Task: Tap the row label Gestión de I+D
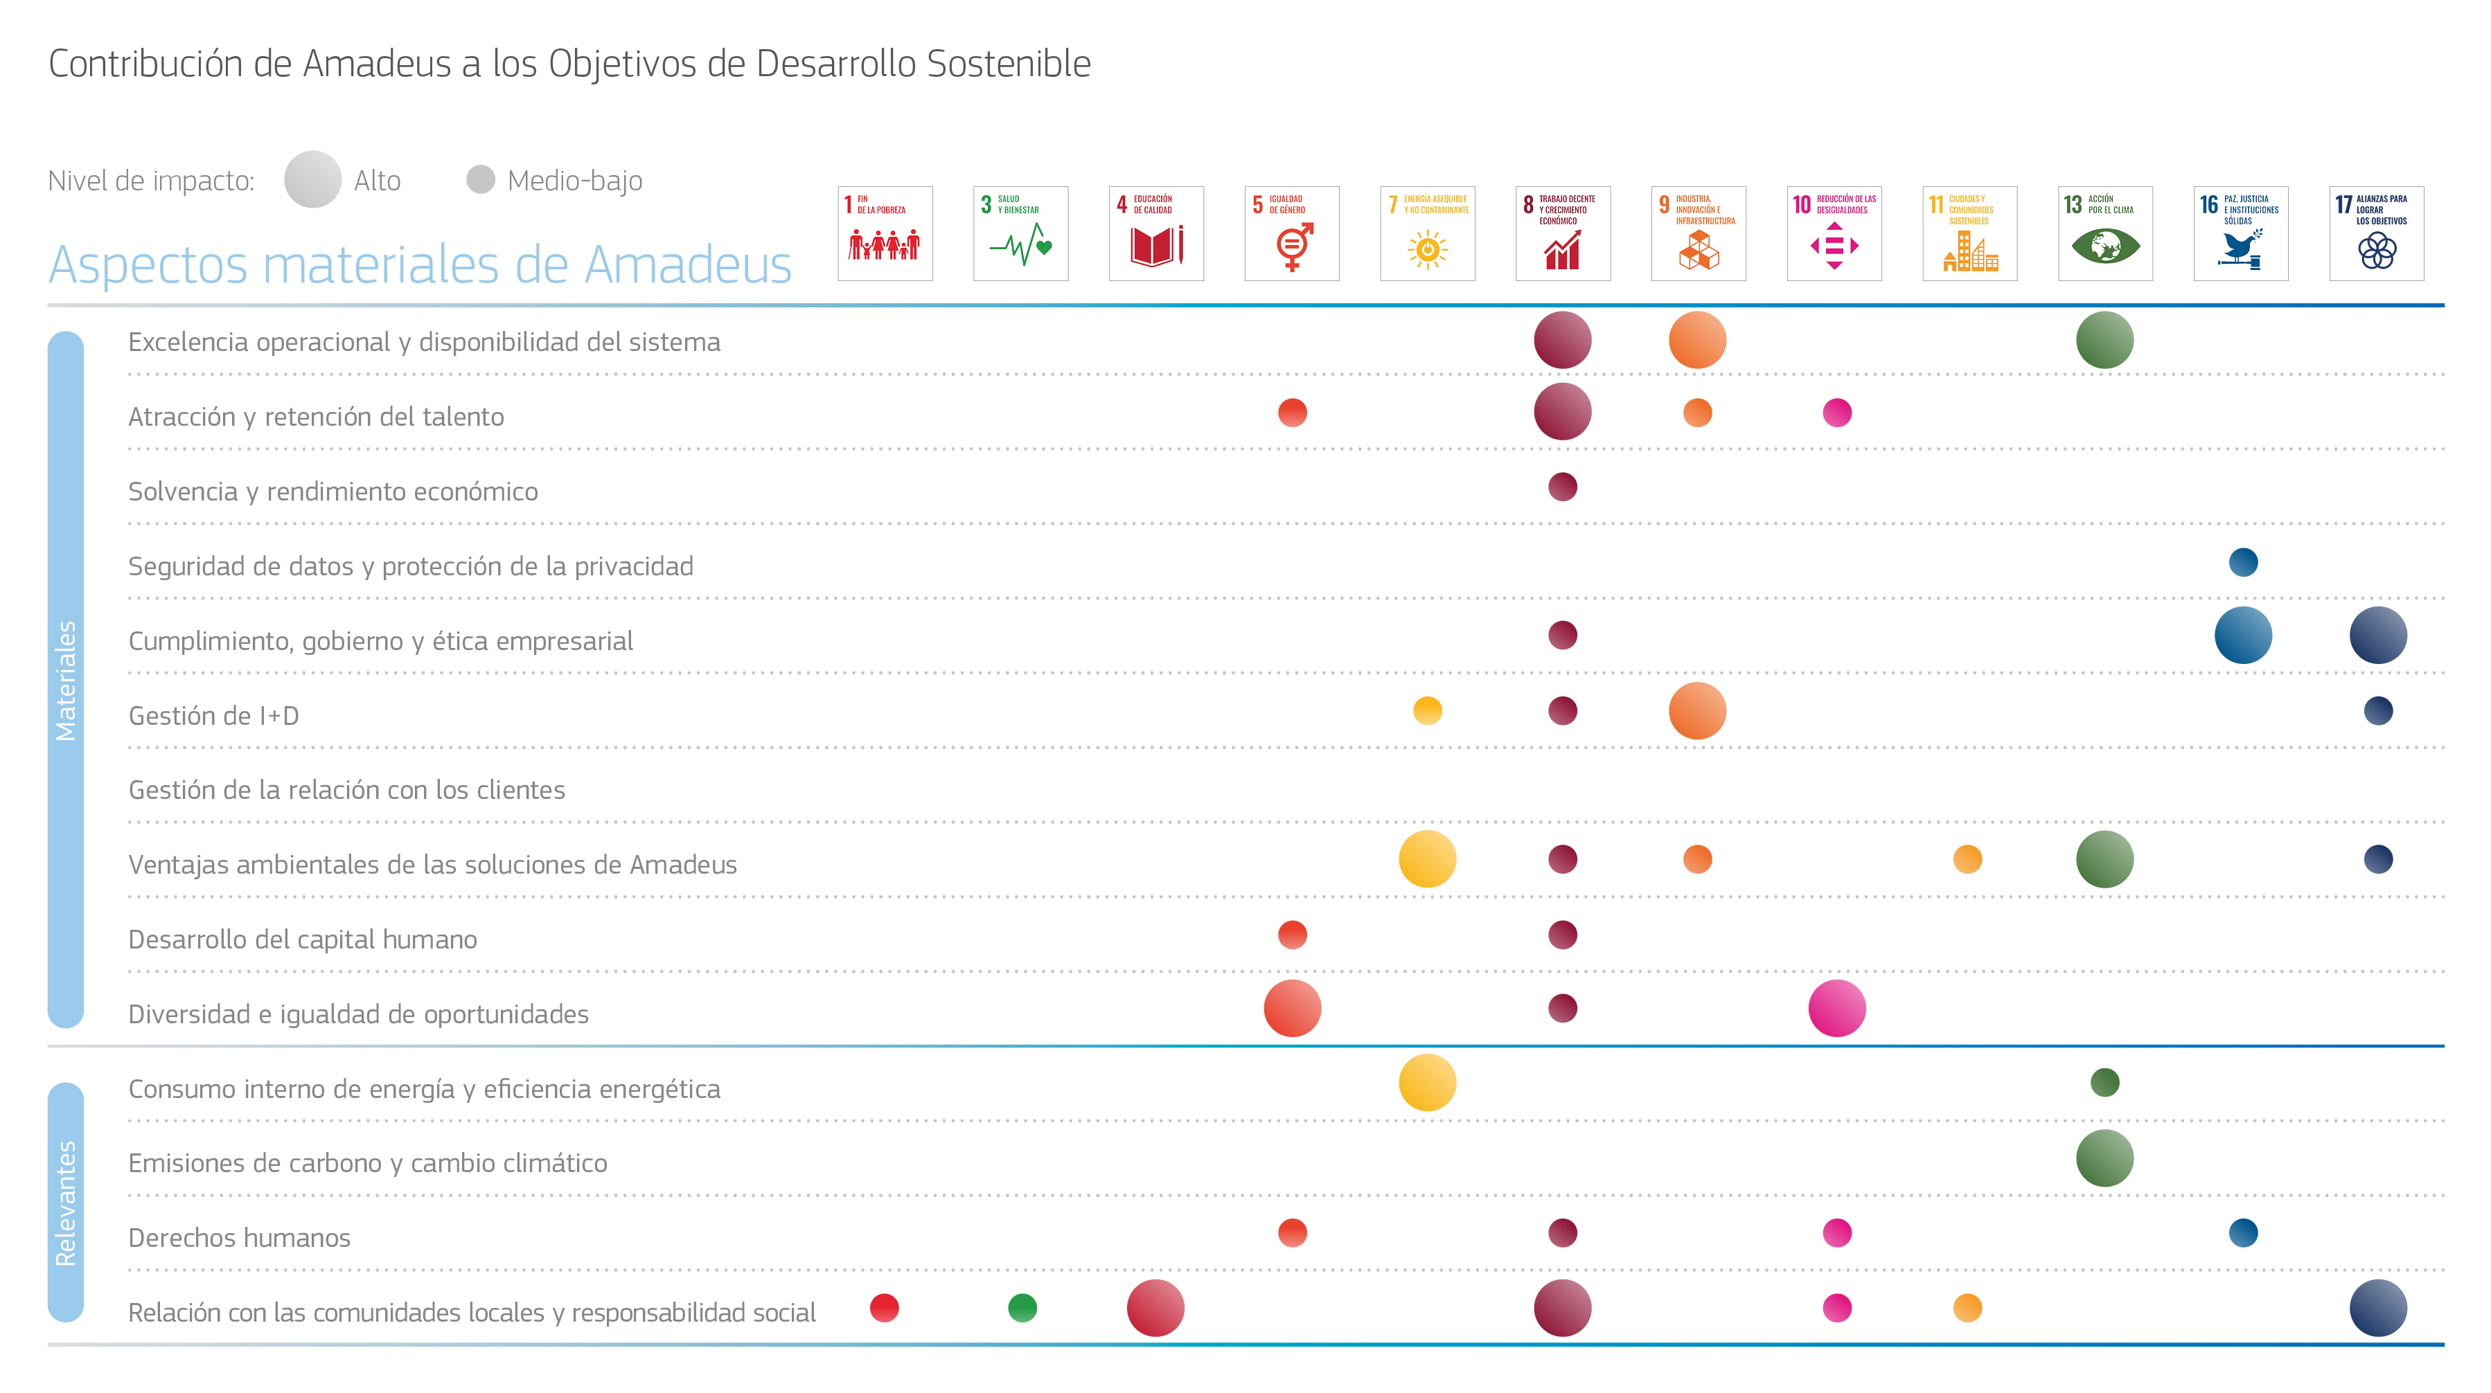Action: pyautogui.click(x=214, y=715)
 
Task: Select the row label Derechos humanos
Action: pyautogui.click(x=239, y=1237)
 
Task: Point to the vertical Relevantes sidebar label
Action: pyautogui.click(x=66, y=1203)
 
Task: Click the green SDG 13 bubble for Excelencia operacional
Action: pyautogui.click(x=2104, y=340)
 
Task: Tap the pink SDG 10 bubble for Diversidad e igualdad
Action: pyautogui.click(x=1836, y=1008)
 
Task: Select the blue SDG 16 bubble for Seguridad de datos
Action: pyautogui.click(x=2242, y=561)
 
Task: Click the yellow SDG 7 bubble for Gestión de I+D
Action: pyautogui.click(x=1427, y=710)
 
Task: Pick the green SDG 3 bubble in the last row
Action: pyautogui.click(x=1022, y=1308)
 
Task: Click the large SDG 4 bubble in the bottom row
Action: pyautogui.click(x=1155, y=1308)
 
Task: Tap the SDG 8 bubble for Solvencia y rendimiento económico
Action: pyautogui.click(x=1563, y=486)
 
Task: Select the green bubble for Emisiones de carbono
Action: pyautogui.click(x=2104, y=1158)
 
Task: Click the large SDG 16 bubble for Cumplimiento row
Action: pyautogui.click(x=2242, y=635)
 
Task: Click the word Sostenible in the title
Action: pyautogui.click(x=1009, y=64)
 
